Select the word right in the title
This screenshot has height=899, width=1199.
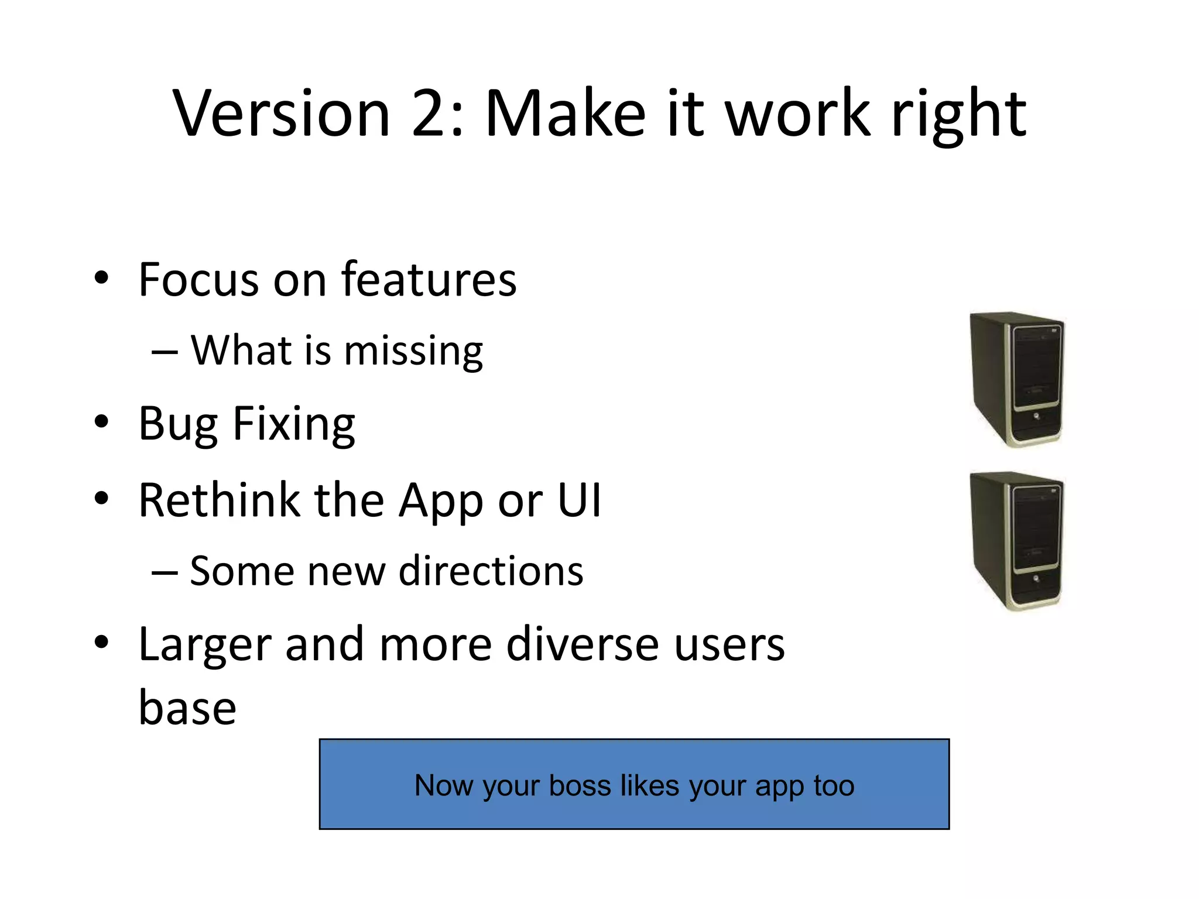point(958,116)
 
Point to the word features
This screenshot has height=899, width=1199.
point(429,279)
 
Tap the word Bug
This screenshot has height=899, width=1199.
point(177,425)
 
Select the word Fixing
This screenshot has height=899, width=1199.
point(294,425)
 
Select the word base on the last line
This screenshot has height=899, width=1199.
point(187,708)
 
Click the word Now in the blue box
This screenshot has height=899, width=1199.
point(444,785)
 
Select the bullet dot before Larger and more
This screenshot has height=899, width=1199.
point(101,642)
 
